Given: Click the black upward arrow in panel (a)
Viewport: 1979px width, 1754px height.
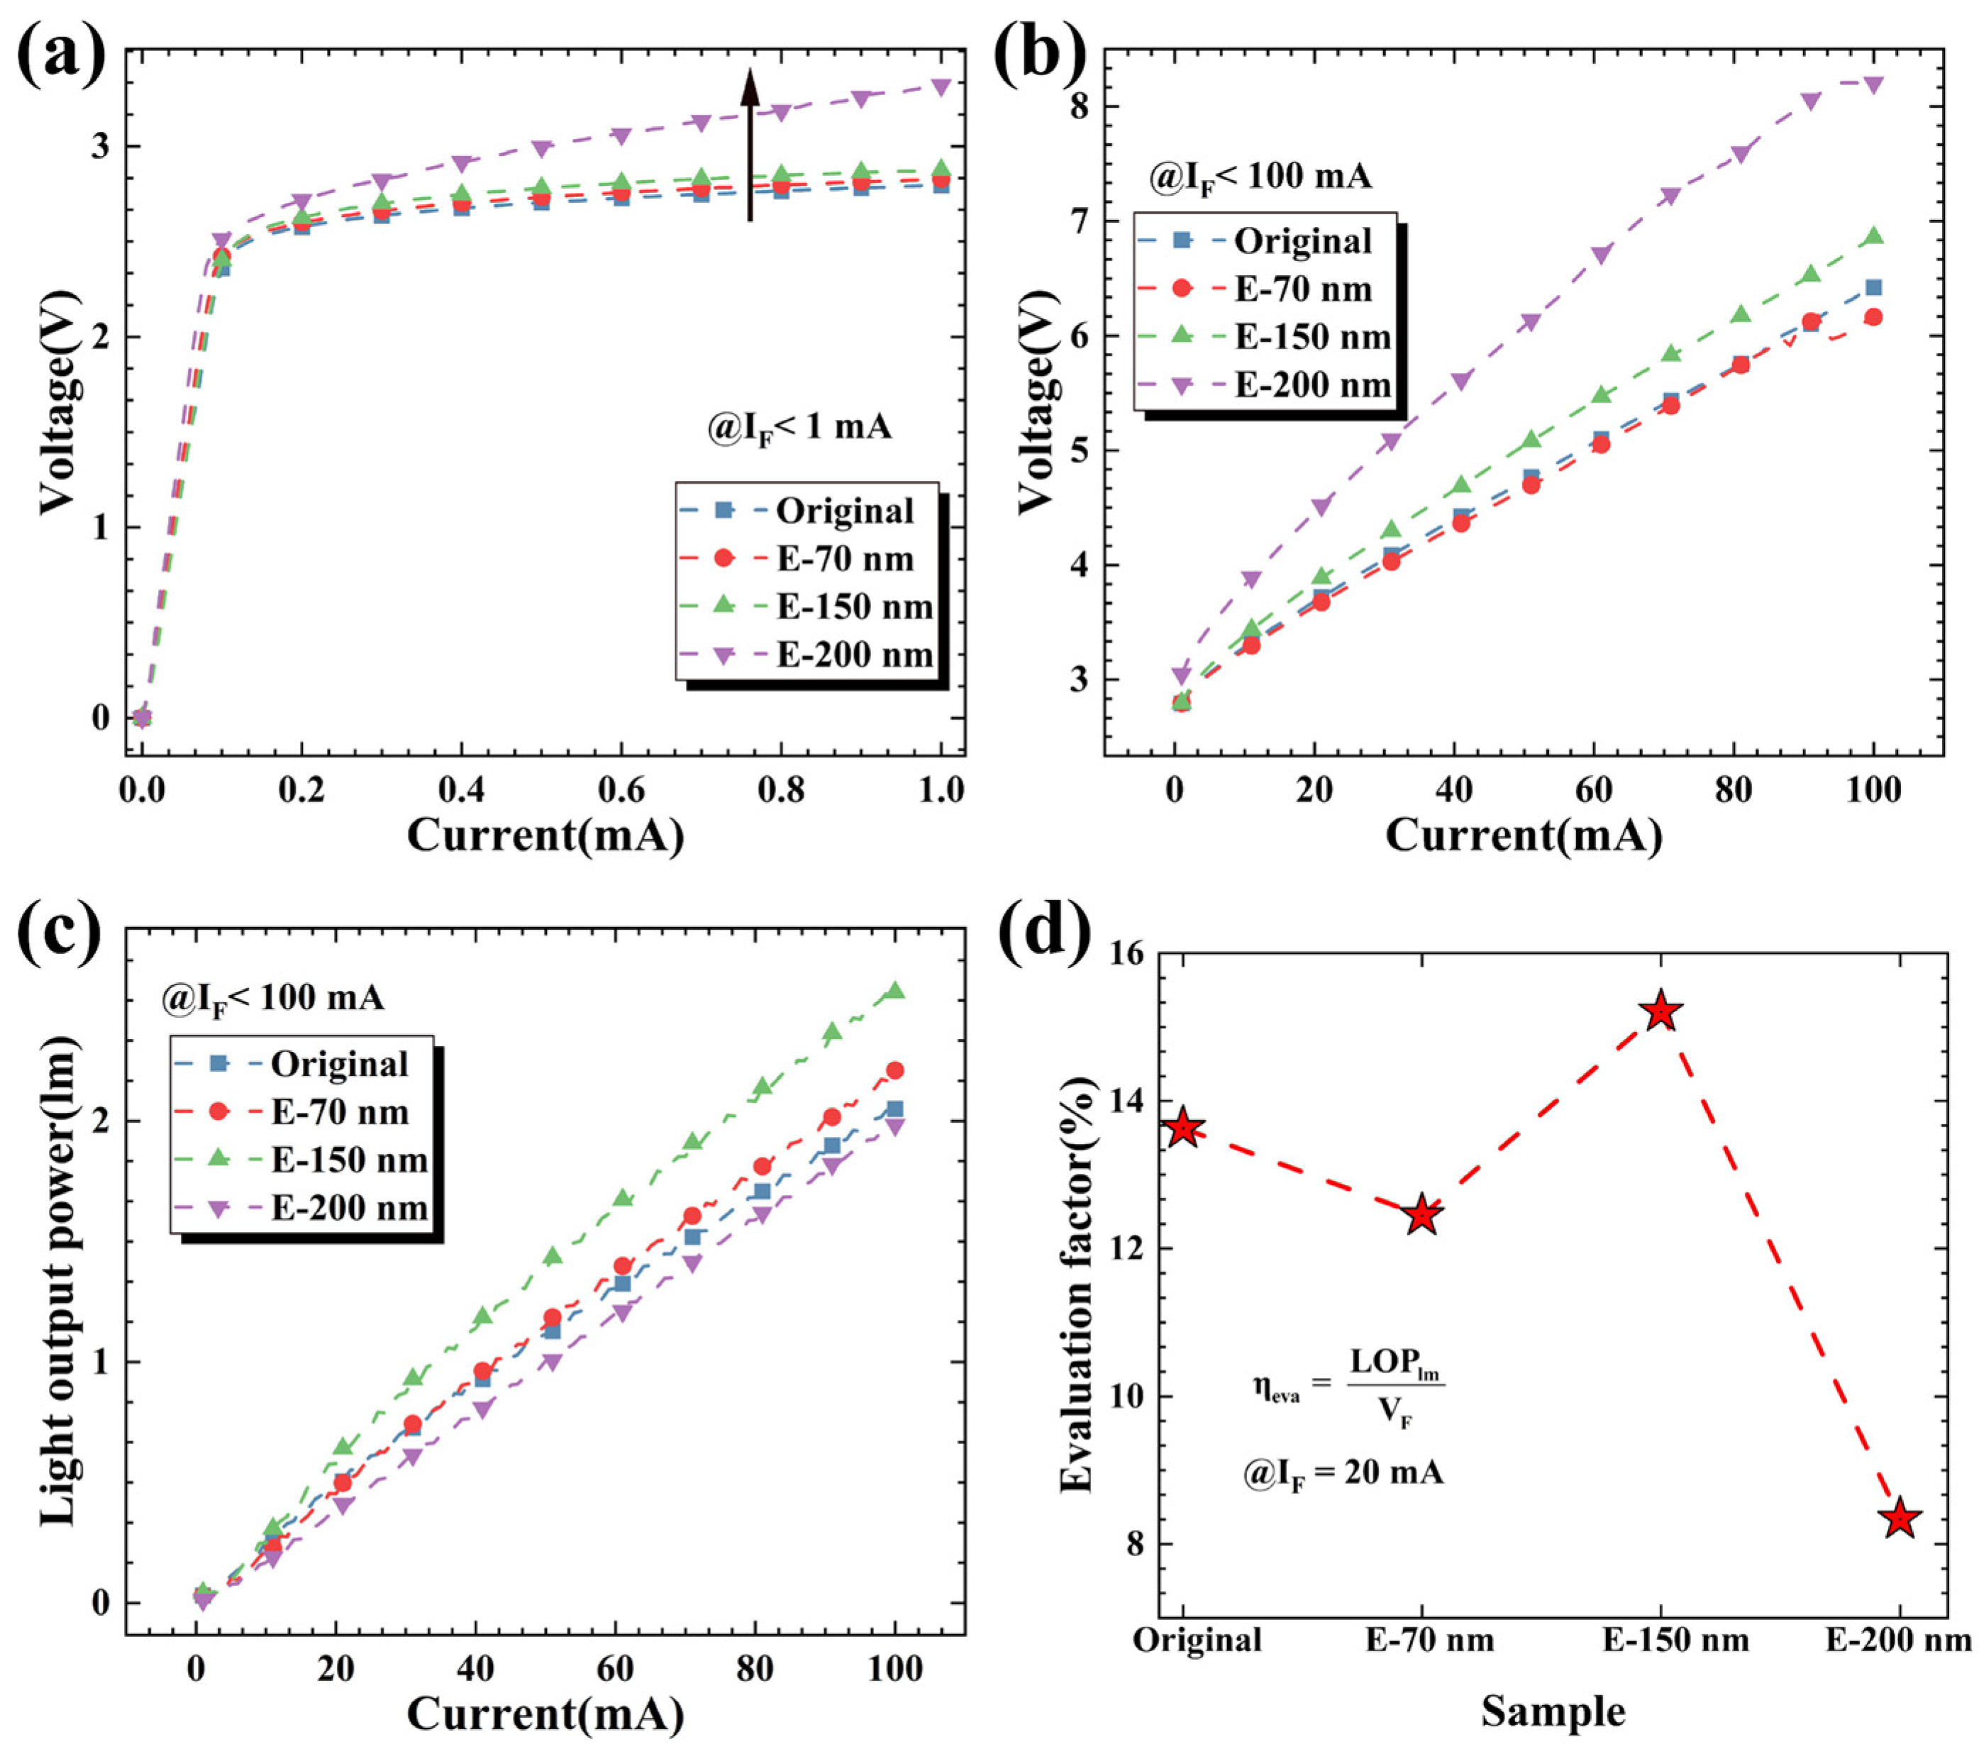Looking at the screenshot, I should (x=749, y=145).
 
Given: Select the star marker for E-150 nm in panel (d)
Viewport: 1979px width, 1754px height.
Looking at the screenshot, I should (x=1661, y=1011).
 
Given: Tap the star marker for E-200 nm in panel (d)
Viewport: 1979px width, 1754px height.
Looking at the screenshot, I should (x=1900, y=1519).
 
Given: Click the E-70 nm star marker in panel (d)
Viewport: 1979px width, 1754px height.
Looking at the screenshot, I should (x=1422, y=1215).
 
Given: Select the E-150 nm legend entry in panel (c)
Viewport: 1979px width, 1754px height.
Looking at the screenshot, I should (x=304, y=1160).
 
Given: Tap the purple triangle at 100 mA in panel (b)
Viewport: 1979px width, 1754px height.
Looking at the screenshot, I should (x=1873, y=85).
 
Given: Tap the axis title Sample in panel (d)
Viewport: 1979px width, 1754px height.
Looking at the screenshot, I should (x=1553, y=1711).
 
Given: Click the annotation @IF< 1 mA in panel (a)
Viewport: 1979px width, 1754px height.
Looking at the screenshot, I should (x=799, y=426).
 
